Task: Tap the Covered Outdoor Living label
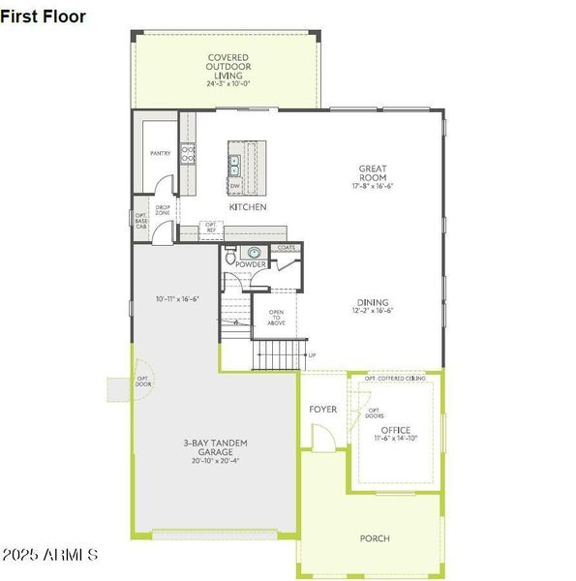228,71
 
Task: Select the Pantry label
160,153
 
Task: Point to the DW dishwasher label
234,185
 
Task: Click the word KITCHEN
248,207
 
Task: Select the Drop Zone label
163,210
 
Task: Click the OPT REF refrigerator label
210,229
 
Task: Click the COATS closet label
286,248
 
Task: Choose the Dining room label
373,305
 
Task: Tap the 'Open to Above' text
276,319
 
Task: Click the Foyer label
323,410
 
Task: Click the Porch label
375,538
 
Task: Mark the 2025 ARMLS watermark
49,556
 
